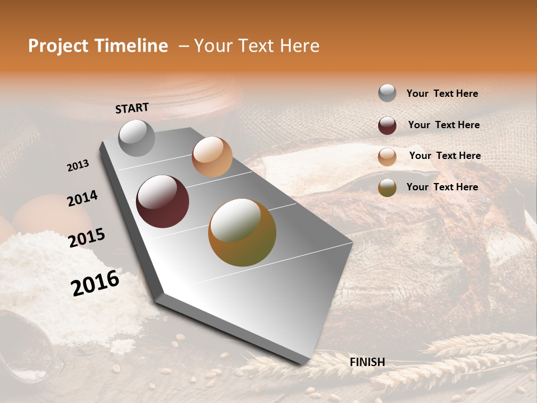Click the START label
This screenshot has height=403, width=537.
click(132, 108)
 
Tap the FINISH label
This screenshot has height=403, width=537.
click(367, 362)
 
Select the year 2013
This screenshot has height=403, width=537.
click(78, 166)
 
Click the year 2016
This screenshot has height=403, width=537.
click(95, 283)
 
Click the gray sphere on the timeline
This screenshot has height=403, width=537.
click(137, 138)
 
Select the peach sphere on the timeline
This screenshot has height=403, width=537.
click(212, 157)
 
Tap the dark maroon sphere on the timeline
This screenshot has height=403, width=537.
click(163, 201)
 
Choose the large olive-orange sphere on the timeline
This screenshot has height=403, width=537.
click(242, 232)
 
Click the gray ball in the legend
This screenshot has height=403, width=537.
click(387, 93)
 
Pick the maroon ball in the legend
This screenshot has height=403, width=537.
click(387, 125)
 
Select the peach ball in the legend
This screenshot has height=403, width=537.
click(387, 157)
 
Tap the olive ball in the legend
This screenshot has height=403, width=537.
click(387, 188)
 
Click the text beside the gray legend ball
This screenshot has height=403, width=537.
click(442, 93)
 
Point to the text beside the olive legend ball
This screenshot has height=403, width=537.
click(442, 187)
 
